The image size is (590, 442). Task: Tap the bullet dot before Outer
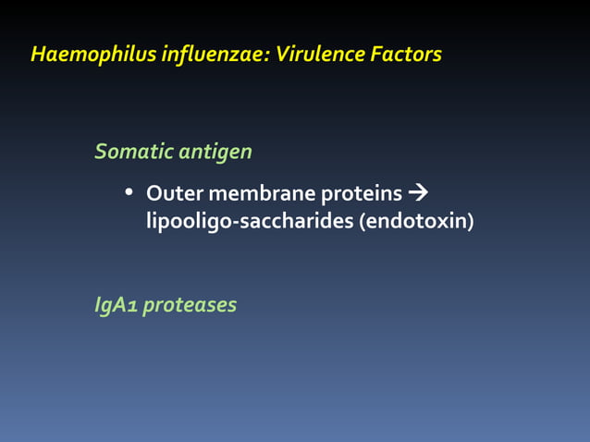129,194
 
